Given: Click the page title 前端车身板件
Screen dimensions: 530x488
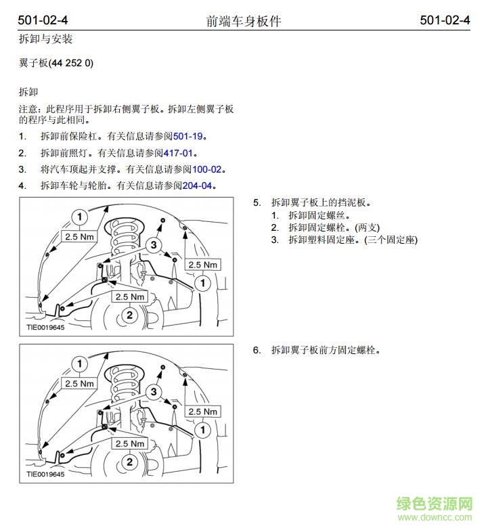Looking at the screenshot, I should (244, 21).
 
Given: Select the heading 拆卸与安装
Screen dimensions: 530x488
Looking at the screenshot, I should (45, 40).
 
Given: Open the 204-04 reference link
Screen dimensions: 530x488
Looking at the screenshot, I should (198, 185).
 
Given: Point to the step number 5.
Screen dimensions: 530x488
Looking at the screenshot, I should (257, 202).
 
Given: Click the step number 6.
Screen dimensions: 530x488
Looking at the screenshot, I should (257, 350).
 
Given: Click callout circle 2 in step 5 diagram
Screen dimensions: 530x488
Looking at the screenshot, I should (129, 315).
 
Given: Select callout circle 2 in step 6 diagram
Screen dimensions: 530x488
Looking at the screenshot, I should (129, 462).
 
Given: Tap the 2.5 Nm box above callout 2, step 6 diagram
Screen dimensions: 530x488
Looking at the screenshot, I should (131, 444).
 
